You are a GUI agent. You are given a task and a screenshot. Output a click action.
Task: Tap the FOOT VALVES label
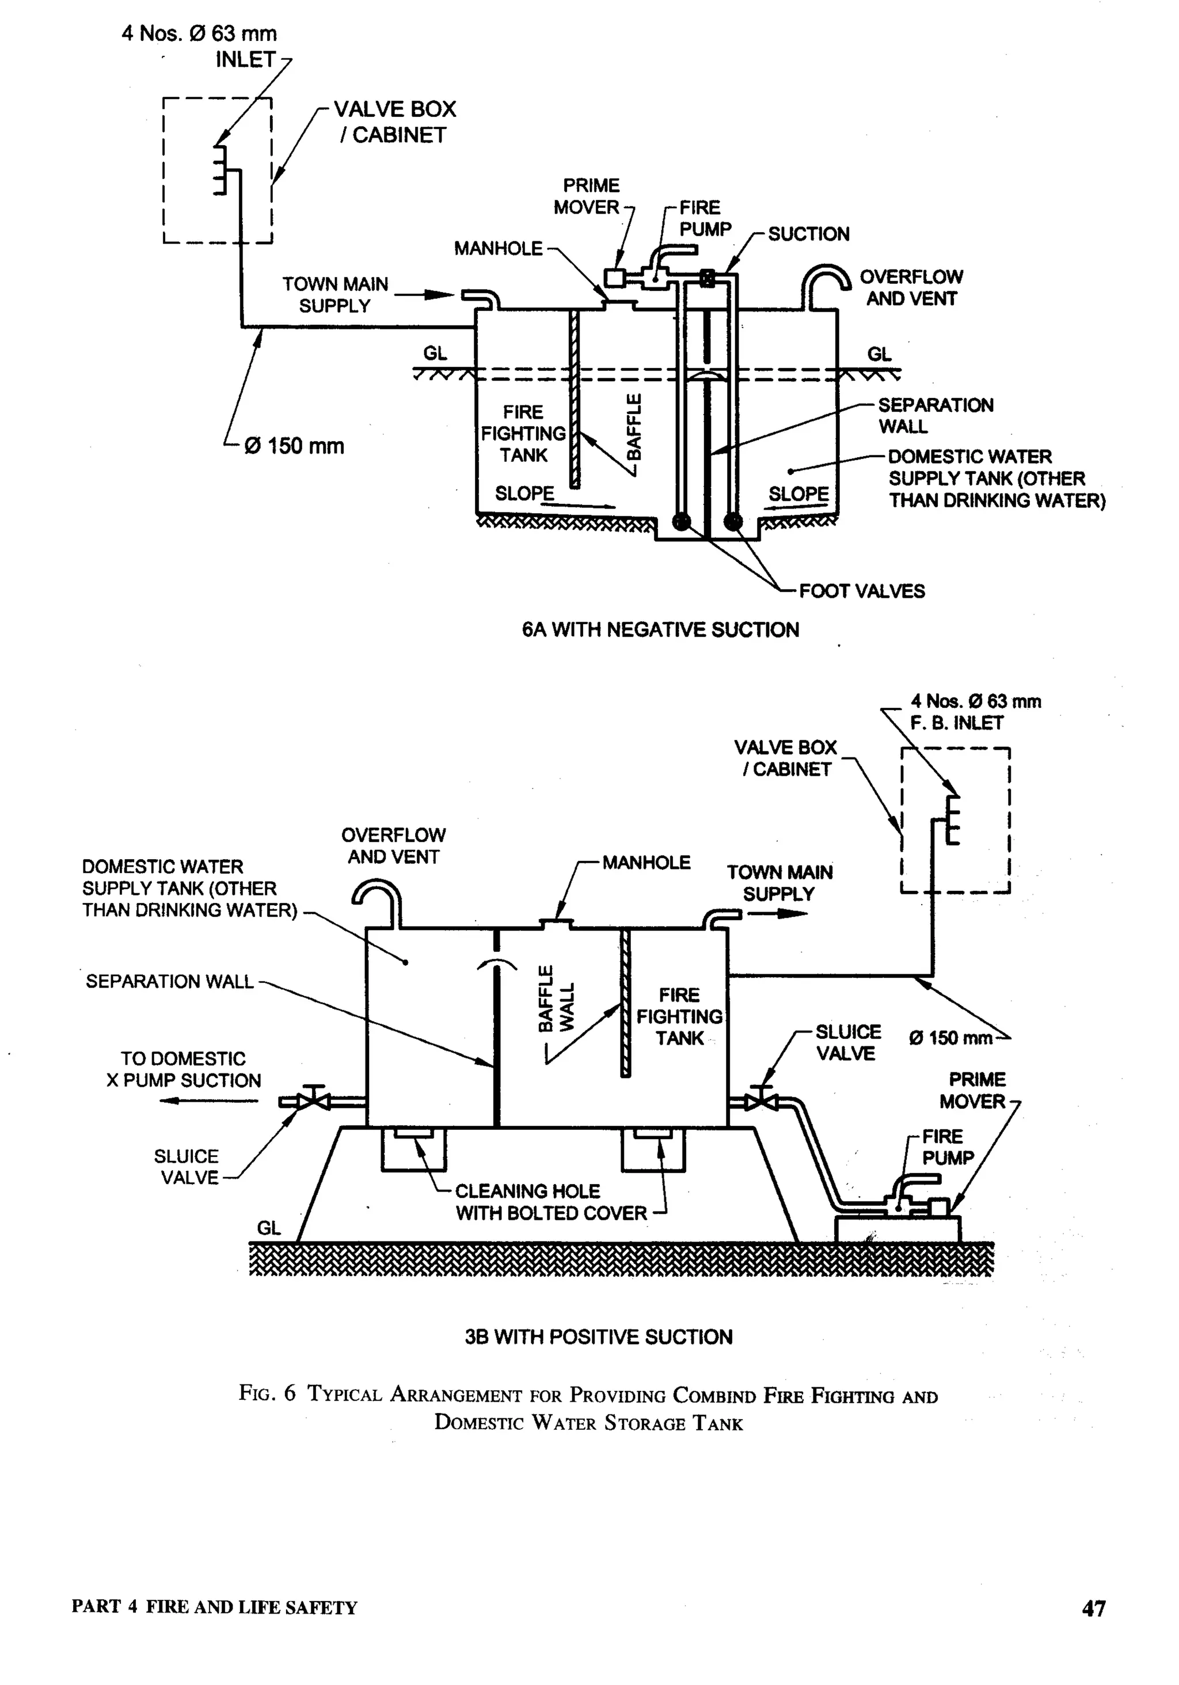point(861,591)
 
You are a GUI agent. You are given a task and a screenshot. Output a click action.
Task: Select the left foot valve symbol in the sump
point(682,521)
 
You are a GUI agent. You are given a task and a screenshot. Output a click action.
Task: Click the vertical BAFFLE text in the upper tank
point(634,427)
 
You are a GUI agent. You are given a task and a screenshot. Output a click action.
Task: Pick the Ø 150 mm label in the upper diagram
point(294,446)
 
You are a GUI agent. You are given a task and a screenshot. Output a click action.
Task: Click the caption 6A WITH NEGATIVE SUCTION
point(660,629)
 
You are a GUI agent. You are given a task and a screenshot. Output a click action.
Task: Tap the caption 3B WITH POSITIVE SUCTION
point(599,1337)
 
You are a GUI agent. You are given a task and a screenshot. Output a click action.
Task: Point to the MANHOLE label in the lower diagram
point(646,862)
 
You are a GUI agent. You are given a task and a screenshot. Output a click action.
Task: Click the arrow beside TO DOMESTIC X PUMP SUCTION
point(209,1100)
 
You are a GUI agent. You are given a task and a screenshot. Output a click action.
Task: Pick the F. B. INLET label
point(956,723)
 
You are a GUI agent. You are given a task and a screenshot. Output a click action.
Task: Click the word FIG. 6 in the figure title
point(267,1393)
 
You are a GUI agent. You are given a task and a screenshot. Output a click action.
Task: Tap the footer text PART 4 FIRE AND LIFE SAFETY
point(214,1607)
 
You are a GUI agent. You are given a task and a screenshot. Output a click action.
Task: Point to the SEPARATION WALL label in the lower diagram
point(169,981)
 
